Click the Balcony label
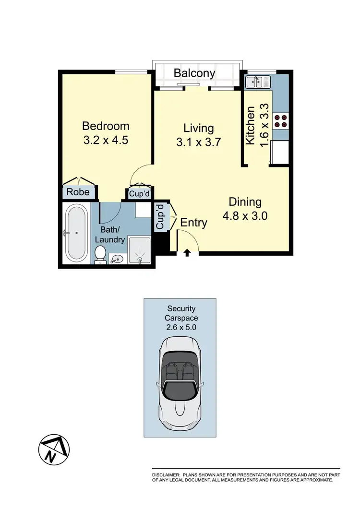point(194,73)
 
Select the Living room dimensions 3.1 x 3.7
point(199,142)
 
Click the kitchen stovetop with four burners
point(280,121)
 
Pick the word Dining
point(245,202)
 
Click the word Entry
point(194,223)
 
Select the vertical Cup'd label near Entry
point(160,217)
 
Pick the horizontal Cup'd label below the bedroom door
point(140,193)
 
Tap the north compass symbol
point(51,450)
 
